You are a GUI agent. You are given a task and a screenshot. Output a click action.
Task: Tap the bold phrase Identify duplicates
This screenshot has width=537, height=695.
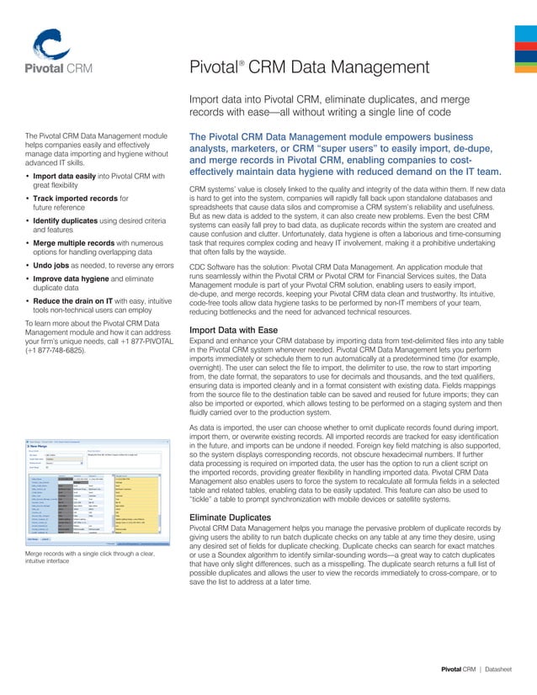click(69, 221)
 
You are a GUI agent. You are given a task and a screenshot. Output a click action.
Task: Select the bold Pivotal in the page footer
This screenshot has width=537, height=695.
click(453, 670)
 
